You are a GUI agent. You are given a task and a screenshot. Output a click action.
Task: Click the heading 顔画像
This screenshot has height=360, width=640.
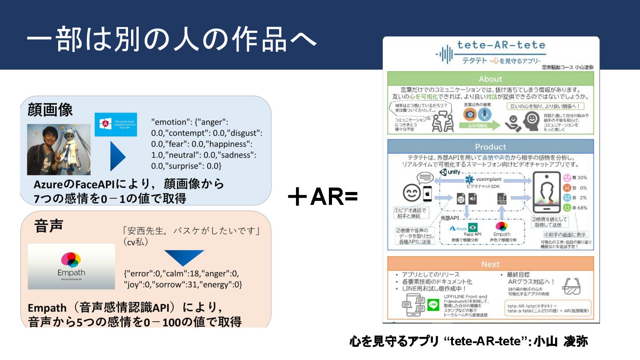[x=50, y=109]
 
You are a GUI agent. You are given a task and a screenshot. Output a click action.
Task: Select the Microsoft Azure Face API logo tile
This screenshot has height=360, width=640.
[x=116, y=124]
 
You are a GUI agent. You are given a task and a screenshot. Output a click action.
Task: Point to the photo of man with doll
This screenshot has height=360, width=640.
[x=59, y=149]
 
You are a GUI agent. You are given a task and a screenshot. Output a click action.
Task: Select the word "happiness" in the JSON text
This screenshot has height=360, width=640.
[x=230, y=144]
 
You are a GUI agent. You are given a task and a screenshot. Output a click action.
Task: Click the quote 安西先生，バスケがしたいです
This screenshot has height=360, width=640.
[x=190, y=231]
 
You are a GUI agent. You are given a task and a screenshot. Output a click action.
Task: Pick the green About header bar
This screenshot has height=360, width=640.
[x=490, y=79]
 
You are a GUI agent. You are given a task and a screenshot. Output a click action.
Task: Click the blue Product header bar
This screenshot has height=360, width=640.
[x=490, y=147]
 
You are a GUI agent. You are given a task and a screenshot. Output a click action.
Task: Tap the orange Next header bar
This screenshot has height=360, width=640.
[x=490, y=264]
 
